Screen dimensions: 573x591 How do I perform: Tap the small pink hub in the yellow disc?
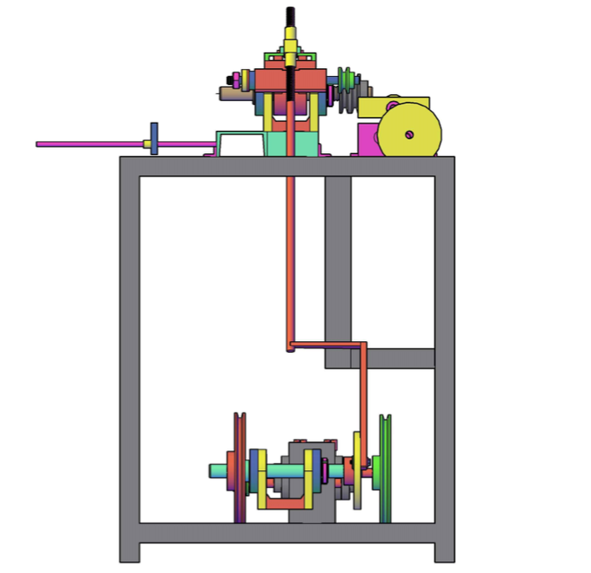pyautogui.click(x=408, y=135)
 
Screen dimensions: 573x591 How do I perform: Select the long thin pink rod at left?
pyautogui.click(x=90, y=143)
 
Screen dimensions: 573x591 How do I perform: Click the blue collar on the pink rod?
pyautogui.click(x=155, y=139)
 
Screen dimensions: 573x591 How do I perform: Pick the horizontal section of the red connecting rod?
pyautogui.click(x=327, y=344)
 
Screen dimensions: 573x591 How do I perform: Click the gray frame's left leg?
pyautogui.click(x=130, y=358)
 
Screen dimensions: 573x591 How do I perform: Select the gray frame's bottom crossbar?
pyautogui.click(x=287, y=533)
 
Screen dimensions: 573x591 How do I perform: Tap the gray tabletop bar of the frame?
pyautogui.click(x=287, y=166)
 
